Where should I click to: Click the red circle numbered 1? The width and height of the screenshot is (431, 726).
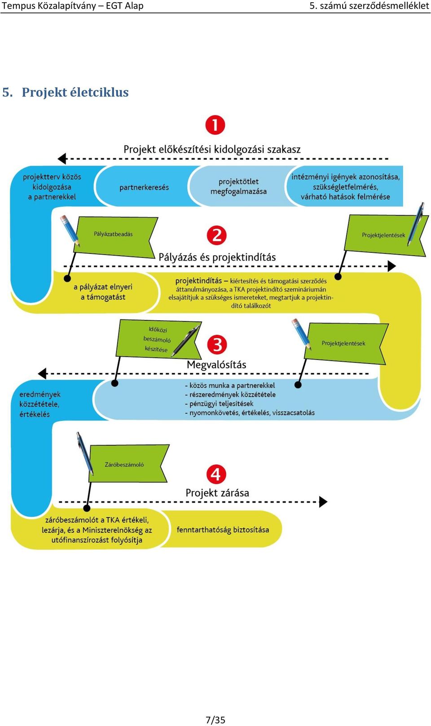point(215,125)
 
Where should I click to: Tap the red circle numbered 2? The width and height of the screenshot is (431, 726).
point(216,235)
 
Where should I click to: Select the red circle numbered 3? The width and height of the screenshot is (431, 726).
point(217,344)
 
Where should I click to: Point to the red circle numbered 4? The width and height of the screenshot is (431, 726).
point(216,474)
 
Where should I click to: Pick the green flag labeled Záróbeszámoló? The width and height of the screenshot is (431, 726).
point(128,464)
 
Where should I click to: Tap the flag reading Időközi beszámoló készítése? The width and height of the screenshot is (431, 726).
point(158,339)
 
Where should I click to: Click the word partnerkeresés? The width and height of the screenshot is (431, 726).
point(144,187)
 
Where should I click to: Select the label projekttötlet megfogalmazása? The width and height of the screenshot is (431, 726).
point(239,186)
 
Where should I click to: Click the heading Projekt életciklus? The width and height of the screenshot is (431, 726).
point(75,93)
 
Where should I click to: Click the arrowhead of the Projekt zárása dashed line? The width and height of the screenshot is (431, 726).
point(323,502)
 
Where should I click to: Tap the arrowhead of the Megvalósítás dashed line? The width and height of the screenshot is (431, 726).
point(42,373)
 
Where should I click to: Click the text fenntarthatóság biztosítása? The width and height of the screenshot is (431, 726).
point(223,530)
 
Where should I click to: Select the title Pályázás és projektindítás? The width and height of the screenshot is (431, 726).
point(217,257)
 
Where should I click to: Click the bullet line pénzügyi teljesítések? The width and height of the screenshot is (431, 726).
point(219,404)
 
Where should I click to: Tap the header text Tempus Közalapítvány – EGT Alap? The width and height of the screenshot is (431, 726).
point(73,6)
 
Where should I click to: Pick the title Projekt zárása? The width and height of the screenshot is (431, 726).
point(217,493)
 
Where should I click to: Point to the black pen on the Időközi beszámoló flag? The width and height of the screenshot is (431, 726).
point(185,341)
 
